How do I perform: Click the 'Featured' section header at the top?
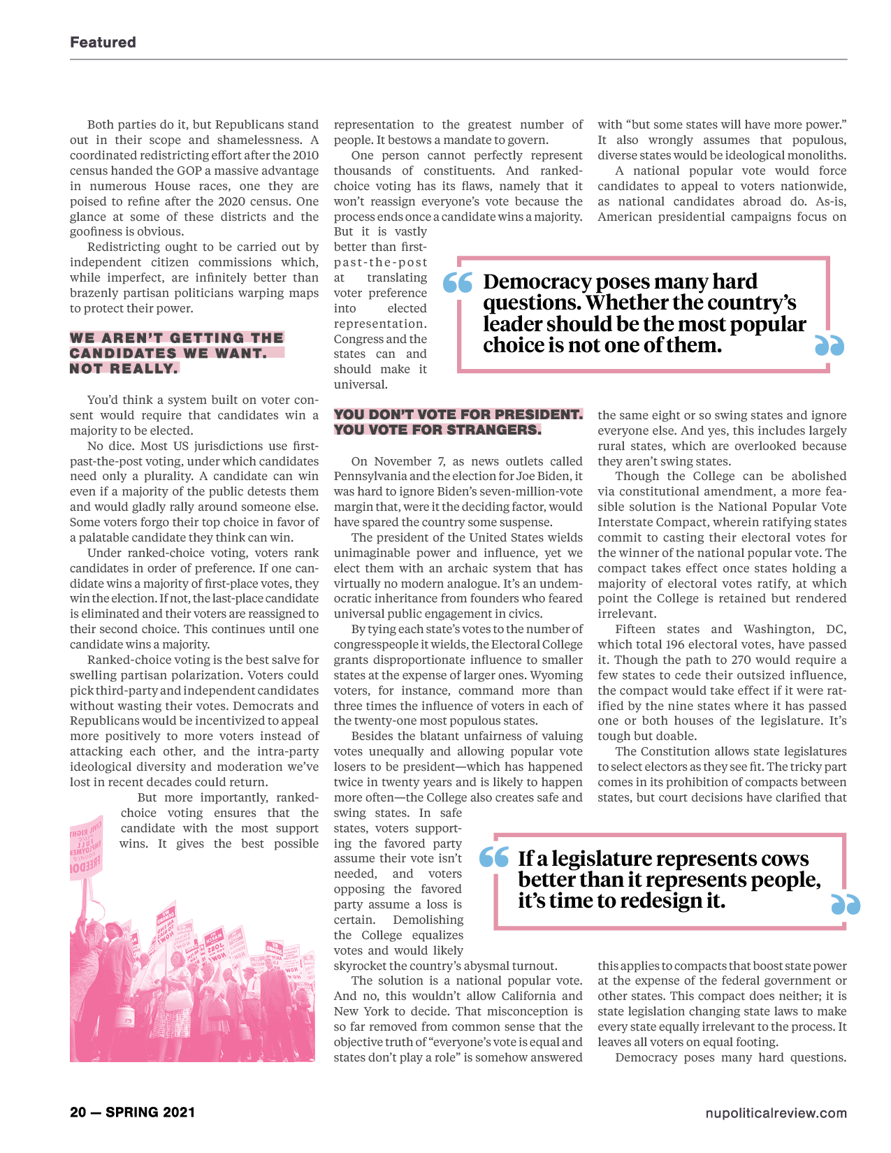pos(103,42)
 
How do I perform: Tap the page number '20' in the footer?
pos(78,1112)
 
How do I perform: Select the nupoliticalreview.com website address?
pos(776,1113)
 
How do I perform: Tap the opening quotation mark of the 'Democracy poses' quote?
pos(458,283)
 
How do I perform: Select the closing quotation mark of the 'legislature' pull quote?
pos(846,904)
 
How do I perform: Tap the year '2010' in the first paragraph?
pos(305,155)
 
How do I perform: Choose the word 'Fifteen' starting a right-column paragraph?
pos(635,629)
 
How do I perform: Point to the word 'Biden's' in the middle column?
pos(457,491)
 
